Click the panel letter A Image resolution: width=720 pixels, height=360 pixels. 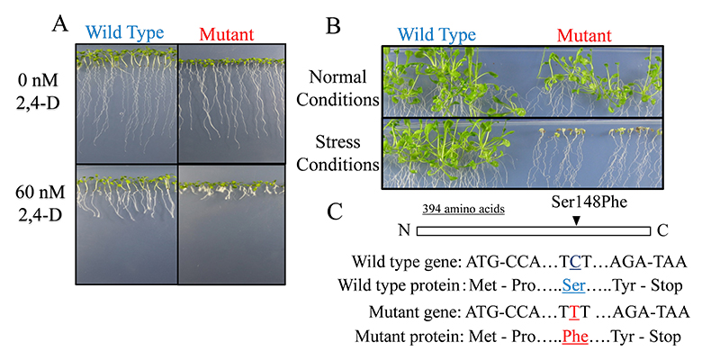point(60,23)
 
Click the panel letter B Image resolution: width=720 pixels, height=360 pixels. point(332,26)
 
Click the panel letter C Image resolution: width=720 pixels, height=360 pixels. point(335,211)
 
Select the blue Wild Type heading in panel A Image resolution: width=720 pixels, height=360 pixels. point(124,33)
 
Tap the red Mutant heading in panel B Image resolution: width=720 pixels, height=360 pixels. point(584,36)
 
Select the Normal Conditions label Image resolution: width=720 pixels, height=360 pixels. point(338,88)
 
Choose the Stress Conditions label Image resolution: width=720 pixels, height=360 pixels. point(338,153)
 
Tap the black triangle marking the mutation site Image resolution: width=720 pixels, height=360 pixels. point(577,220)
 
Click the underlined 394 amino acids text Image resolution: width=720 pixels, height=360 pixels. point(463,209)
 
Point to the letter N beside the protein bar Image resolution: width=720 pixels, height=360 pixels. point(403,229)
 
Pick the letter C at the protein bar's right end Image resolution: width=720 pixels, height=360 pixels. point(662,229)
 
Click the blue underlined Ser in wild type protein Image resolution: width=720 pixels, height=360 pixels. point(573,285)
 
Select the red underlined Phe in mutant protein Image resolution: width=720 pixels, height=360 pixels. point(575,337)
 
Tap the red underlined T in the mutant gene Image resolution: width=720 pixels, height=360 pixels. point(574,312)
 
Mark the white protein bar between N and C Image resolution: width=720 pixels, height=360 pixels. point(534,230)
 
